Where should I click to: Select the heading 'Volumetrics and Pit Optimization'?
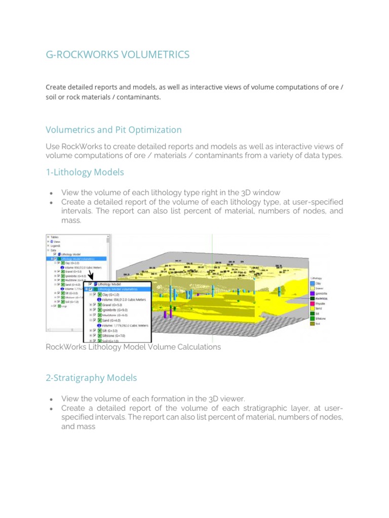pos(113,130)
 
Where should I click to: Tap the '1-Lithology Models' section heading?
pos(85,172)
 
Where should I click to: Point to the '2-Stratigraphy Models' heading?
pos(91,378)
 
